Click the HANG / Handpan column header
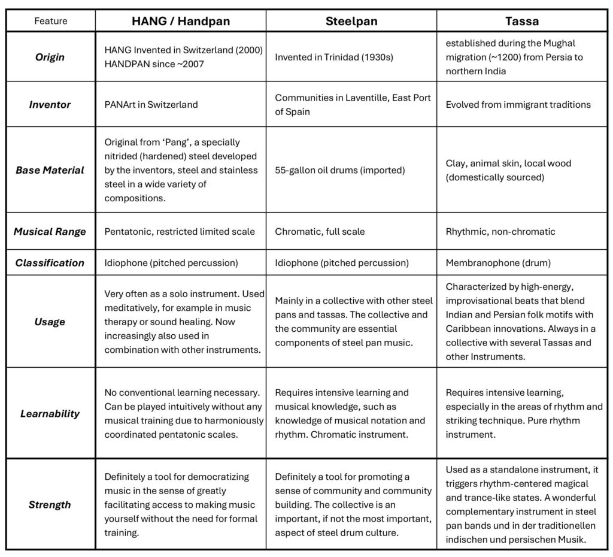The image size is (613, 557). point(180,21)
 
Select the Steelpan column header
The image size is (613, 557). point(351,21)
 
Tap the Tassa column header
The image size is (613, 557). point(521,21)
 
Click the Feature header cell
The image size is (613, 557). point(50,21)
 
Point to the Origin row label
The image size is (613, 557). point(50,57)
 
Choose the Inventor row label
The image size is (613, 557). point(50,104)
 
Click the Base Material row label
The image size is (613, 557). point(50,169)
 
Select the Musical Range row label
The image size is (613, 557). point(50,231)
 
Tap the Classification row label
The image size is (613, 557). point(50,262)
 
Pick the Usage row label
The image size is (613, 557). point(50,322)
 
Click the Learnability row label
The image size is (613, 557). point(50,413)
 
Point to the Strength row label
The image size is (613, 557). point(50,504)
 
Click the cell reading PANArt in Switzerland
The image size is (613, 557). point(151,104)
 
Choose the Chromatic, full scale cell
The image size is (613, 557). point(320,231)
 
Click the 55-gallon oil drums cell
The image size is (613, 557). point(340,170)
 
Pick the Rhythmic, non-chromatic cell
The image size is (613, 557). point(500,231)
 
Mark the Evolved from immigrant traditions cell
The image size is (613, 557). point(518,104)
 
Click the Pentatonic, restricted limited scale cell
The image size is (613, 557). point(180,231)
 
